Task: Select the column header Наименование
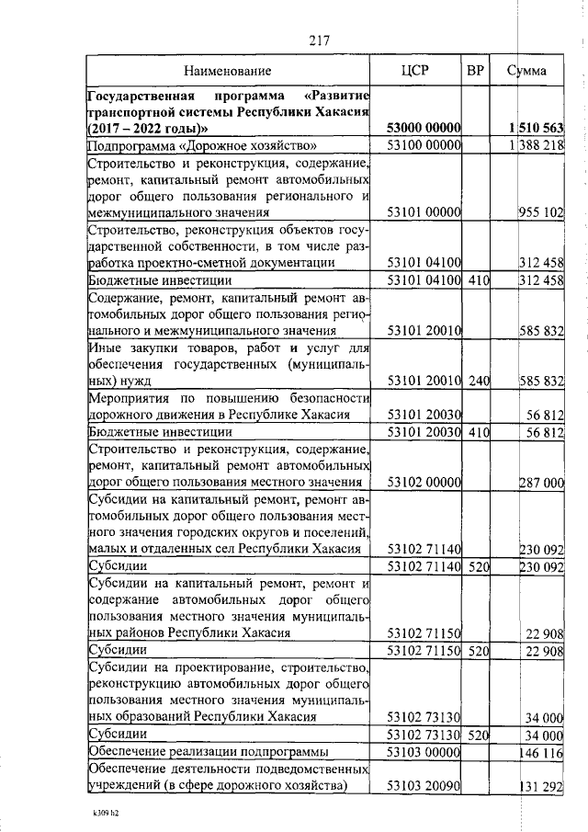227,71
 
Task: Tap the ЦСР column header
415,70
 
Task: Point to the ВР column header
476,70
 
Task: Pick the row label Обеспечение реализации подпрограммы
204,752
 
